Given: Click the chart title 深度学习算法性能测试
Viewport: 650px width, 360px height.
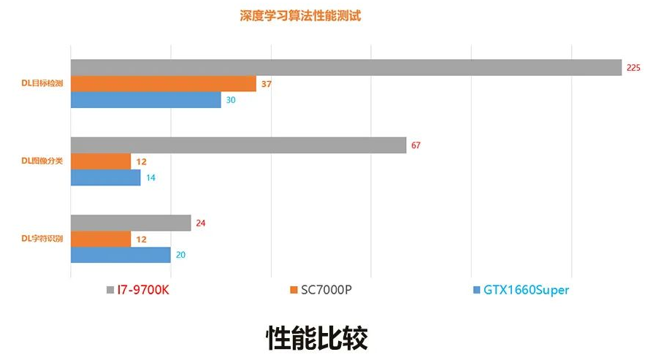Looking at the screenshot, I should (299, 15).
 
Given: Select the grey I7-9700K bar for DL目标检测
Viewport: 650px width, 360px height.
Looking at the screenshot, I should (345, 67).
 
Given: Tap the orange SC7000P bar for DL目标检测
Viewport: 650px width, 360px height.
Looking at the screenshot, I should (163, 84).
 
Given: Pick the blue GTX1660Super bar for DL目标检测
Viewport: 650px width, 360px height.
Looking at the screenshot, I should (145, 100).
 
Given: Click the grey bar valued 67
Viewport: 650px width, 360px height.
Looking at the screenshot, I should (238, 145).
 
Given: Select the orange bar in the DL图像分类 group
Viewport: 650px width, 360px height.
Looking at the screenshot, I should (101, 161).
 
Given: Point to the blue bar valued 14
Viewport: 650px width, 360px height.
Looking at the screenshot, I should (105, 177).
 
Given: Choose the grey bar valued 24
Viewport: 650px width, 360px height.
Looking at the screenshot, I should (131, 223).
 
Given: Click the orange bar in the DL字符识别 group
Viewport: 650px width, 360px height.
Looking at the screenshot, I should (101, 239).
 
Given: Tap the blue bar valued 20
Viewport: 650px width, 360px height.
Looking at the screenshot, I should (121, 255).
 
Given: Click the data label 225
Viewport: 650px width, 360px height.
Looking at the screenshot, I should (633, 67).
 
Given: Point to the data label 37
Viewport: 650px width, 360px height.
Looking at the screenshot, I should (266, 84).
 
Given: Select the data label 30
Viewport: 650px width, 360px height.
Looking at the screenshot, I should (231, 100).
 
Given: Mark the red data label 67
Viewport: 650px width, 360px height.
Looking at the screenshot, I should (416, 145).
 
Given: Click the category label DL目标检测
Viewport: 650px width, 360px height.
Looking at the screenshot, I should (42, 84).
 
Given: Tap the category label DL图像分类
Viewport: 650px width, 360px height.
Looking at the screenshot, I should (42, 161).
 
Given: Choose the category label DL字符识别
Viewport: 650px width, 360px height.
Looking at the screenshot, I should (42, 239).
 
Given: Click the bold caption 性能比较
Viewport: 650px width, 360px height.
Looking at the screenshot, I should (316, 337).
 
